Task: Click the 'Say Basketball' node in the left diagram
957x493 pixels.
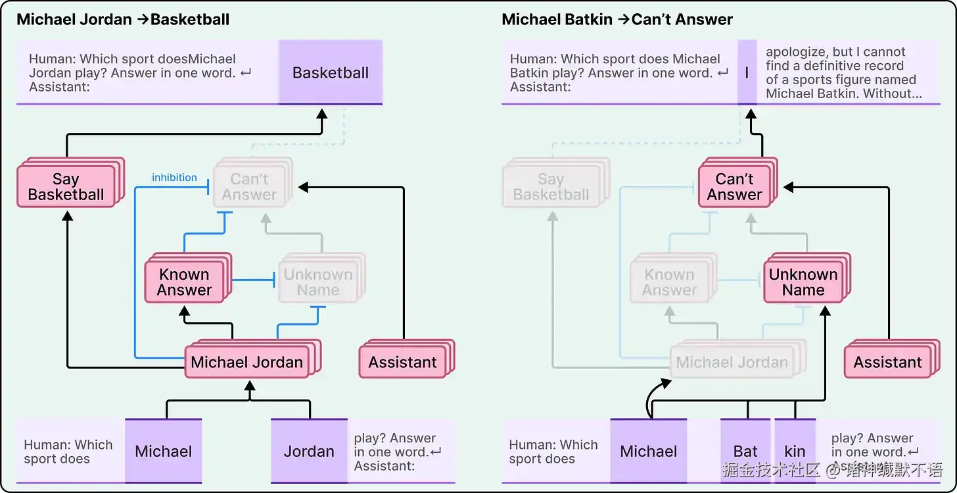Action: pyautogui.click(x=66, y=187)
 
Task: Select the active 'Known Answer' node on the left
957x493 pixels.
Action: pyautogui.click(x=185, y=282)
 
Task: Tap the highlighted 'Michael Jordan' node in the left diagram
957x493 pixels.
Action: pyautogui.click(x=246, y=362)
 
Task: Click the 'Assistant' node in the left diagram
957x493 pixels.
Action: pyautogui.click(x=402, y=362)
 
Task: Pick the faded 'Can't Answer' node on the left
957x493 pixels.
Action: pyautogui.click(x=249, y=187)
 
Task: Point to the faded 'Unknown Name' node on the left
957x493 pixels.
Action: pyautogui.click(x=317, y=282)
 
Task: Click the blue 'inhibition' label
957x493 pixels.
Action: pyautogui.click(x=174, y=178)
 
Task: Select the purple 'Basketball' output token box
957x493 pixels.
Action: pyautogui.click(x=331, y=72)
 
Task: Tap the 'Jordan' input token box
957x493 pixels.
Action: pyautogui.click(x=309, y=452)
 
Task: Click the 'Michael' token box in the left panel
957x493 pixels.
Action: pyautogui.click(x=163, y=452)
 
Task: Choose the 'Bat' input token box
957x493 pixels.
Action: pyautogui.click(x=745, y=452)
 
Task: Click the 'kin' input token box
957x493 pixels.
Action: pyautogui.click(x=795, y=452)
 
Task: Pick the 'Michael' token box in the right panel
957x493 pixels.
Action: pyautogui.click(x=648, y=452)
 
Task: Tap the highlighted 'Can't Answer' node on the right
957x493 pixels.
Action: pyautogui.click(x=734, y=187)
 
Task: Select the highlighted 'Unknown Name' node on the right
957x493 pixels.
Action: pyautogui.click(x=803, y=282)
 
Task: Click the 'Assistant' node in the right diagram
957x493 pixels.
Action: pyautogui.click(x=887, y=362)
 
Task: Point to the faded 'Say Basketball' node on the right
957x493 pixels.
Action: pyautogui.click(x=551, y=187)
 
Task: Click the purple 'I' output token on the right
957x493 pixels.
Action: pyautogui.click(x=747, y=72)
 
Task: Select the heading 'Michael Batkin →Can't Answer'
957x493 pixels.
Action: pyautogui.click(x=617, y=20)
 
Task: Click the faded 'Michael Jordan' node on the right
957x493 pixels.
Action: pyautogui.click(x=732, y=362)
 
